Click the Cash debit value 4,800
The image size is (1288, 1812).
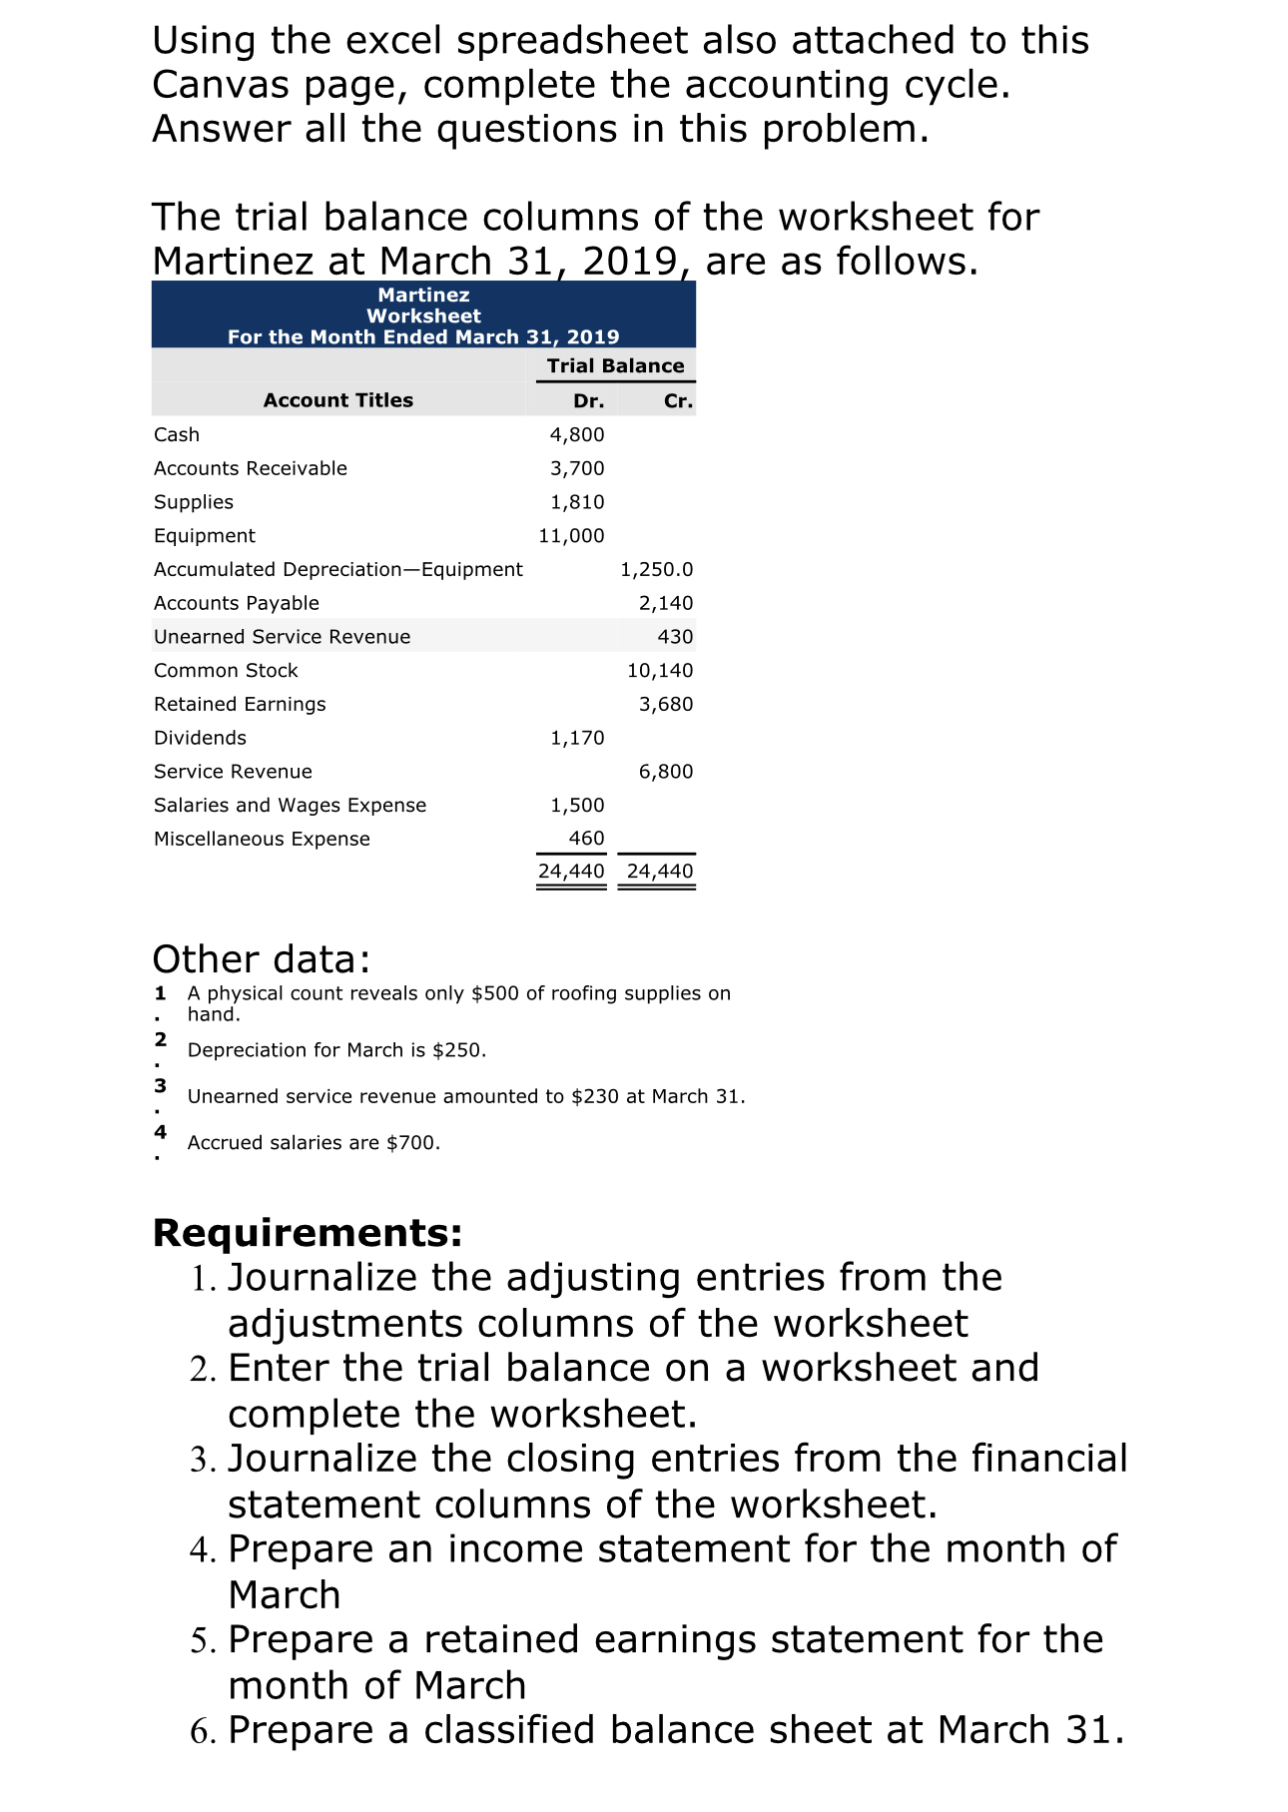click(x=577, y=434)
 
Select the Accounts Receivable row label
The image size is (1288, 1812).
click(x=251, y=468)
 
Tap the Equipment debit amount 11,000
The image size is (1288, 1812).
click(x=571, y=535)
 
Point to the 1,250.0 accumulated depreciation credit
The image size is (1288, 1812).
click(x=656, y=569)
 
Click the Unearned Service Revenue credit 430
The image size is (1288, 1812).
click(x=675, y=637)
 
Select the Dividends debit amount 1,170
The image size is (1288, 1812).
click(x=577, y=738)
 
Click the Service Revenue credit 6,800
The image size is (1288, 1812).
click(x=665, y=772)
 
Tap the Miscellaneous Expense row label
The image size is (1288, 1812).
click(x=262, y=839)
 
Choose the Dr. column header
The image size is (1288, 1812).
click(x=588, y=400)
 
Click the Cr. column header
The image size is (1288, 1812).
click(x=678, y=400)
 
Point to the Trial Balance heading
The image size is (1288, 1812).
click(x=615, y=365)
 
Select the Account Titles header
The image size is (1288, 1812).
click(x=337, y=400)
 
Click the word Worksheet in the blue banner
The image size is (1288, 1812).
click(x=423, y=315)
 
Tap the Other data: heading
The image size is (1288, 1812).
click(x=261, y=959)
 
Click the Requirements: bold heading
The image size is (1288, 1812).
click(x=308, y=1233)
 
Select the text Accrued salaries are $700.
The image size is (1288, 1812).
click(x=314, y=1142)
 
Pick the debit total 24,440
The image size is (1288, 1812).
click(x=571, y=871)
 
